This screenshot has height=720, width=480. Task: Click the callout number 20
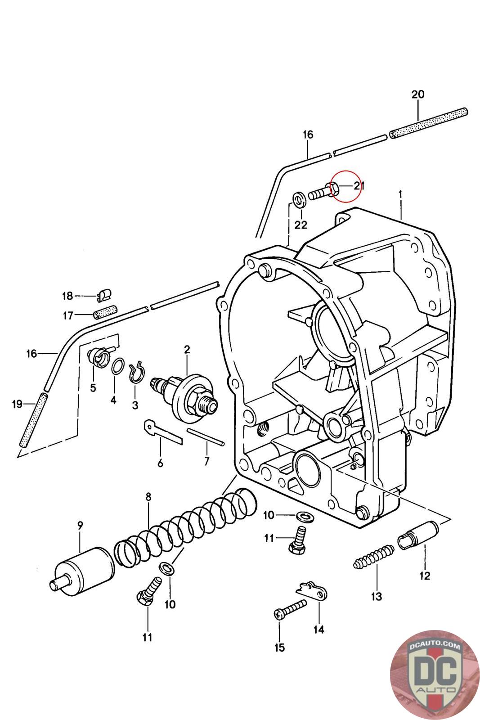click(x=417, y=94)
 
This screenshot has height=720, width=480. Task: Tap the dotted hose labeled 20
click(x=429, y=123)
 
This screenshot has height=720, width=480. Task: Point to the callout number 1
click(x=400, y=194)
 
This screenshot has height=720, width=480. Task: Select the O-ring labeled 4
click(x=118, y=366)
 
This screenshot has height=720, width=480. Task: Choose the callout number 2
click(x=187, y=349)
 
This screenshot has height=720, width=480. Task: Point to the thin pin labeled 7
click(x=205, y=437)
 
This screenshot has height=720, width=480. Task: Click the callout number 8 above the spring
click(x=148, y=497)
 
